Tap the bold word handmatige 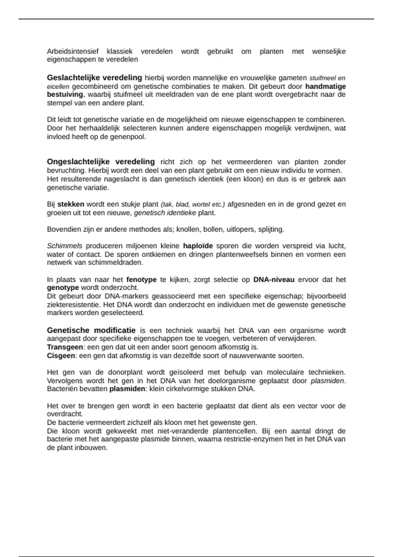coord(326,86)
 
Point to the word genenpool coord(128,137)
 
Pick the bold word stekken coord(71,204)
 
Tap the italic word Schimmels coord(65,246)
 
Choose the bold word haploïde coord(198,246)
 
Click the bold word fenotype coord(141,279)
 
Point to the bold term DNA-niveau coord(274,279)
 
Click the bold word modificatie coord(115,330)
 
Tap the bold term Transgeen coord(65,347)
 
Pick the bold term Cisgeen coord(61,355)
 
